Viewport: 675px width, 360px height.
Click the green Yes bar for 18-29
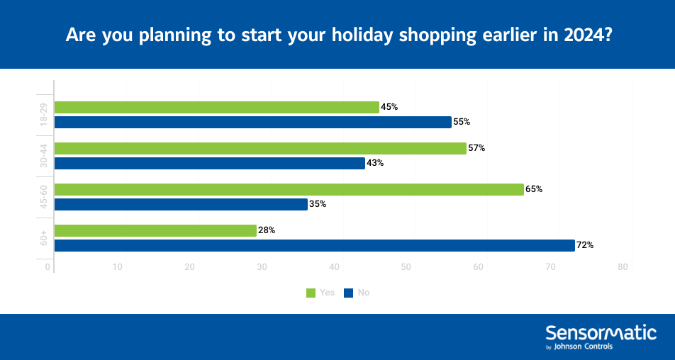pyautogui.click(x=216, y=107)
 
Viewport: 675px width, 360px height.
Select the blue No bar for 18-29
pyautogui.click(x=252, y=122)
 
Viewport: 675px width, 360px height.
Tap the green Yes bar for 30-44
pyautogui.click(x=260, y=148)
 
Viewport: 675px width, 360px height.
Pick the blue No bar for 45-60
pyautogui.click(x=181, y=204)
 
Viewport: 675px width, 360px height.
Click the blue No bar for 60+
pyautogui.click(x=314, y=245)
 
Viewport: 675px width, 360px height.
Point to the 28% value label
pyautogui.click(x=267, y=230)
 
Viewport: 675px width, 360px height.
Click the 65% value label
pyautogui.click(x=534, y=189)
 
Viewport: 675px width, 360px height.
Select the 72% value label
pyautogui.click(x=584, y=245)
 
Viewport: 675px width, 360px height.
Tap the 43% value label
pyautogui.click(x=375, y=163)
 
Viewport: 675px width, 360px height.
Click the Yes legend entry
pyautogui.click(x=320, y=293)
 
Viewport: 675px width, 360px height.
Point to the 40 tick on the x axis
pyautogui.click(x=334, y=267)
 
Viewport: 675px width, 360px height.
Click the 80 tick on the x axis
pyautogui.click(x=623, y=267)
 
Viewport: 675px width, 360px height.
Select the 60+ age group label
pyautogui.click(x=43, y=238)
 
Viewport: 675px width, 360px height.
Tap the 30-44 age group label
pyautogui.click(x=43, y=156)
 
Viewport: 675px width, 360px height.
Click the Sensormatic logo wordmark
pyautogui.click(x=601, y=332)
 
